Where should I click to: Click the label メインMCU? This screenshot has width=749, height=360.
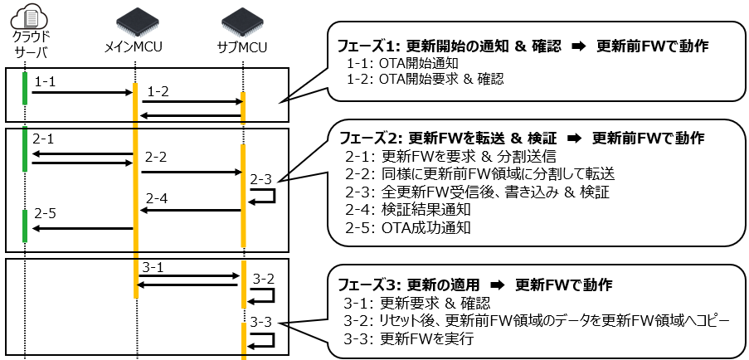tap(134, 47)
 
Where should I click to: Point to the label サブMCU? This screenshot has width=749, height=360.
tap(242, 47)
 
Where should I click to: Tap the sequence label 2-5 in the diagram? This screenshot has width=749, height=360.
tap(46, 214)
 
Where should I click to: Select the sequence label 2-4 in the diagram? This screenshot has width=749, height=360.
tap(157, 199)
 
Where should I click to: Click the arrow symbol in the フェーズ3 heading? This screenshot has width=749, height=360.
tap(491, 285)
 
